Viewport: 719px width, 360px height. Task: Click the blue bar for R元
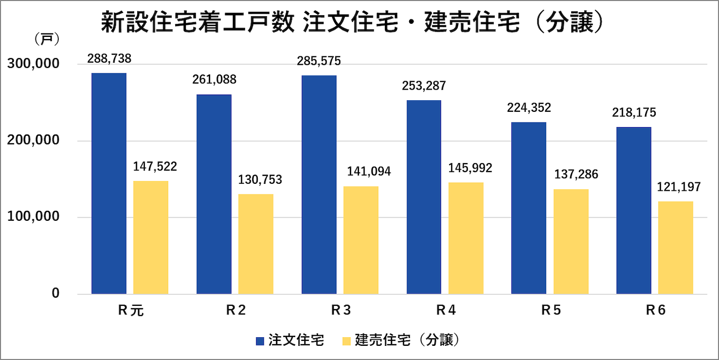pos(109,183)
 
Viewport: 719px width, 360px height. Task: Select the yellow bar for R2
pos(256,244)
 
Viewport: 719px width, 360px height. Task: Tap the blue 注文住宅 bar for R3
pos(319,184)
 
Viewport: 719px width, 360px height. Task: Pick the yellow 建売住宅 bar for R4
pos(466,238)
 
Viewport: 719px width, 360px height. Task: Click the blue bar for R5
pos(529,208)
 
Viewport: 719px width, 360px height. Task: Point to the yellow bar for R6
pos(675,248)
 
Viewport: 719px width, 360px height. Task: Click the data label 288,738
pos(109,59)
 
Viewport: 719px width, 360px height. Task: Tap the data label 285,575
pos(319,61)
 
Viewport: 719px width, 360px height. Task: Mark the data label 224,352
pos(529,108)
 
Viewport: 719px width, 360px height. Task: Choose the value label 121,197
pos(678,187)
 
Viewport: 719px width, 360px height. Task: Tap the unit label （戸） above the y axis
pos(47,38)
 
